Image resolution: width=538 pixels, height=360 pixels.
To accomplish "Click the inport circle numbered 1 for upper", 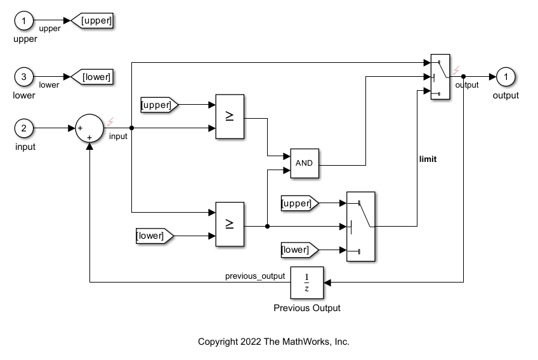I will click(x=24, y=22).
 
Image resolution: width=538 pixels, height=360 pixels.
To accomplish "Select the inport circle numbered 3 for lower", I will click(x=24, y=77).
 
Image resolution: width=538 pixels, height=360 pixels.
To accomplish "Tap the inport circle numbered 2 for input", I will click(x=24, y=129).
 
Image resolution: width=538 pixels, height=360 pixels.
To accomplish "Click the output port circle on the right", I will click(x=506, y=77).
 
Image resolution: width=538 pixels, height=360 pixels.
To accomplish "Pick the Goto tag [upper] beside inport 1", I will click(x=95, y=22).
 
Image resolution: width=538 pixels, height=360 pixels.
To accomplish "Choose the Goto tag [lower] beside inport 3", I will click(x=95, y=77).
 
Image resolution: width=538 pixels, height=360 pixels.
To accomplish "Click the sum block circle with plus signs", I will click(x=89, y=129).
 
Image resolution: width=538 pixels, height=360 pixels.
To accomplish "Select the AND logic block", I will click(x=305, y=163).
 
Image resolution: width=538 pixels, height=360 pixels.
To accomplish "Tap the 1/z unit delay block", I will click(x=306, y=283).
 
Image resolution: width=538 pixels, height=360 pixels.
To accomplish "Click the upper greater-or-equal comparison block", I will click(x=230, y=116).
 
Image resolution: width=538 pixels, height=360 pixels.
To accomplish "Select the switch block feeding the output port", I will click(x=440, y=77).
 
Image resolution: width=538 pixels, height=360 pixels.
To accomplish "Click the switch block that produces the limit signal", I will click(x=360, y=226).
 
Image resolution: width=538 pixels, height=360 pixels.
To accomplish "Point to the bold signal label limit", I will click(x=428, y=159).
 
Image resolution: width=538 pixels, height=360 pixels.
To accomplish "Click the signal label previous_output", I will click(x=255, y=276).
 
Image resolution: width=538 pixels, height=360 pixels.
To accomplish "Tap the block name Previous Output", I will click(x=306, y=308).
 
